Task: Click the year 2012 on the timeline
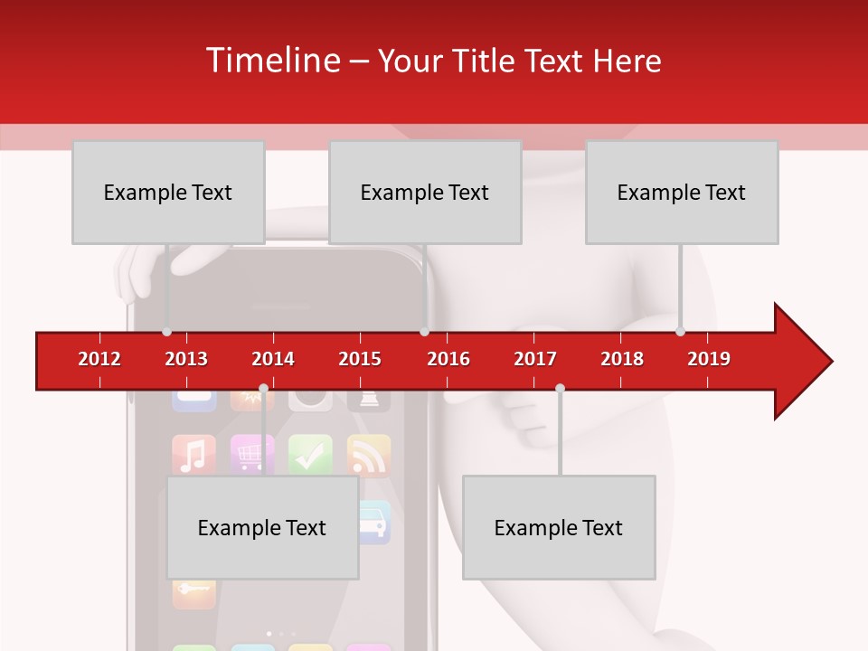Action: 99,359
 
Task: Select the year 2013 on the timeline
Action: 186,359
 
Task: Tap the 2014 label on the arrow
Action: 273,359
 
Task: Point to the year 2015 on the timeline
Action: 360,359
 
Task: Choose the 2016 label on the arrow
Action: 448,359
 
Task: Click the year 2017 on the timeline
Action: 535,359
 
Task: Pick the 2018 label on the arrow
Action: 622,359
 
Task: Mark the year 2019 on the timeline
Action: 709,359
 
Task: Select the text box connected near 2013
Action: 168,192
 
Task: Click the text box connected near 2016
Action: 425,192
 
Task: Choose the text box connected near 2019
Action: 682,192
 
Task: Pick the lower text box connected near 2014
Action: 262,527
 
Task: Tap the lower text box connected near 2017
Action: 559,527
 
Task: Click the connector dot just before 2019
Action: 680,332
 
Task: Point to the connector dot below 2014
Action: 263,389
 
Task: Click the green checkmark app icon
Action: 310,456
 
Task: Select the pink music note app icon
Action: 193,456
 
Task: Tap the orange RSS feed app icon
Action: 368,456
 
